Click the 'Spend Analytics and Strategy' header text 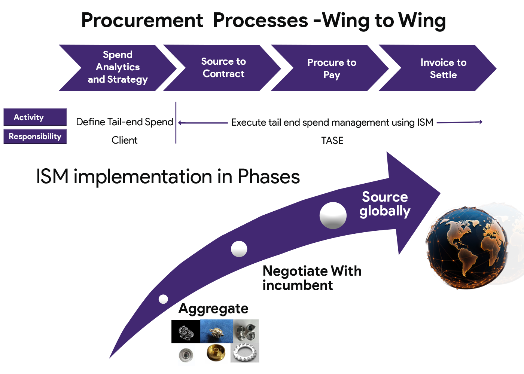[x=118, y=67]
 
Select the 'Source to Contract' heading [x=223, y=68]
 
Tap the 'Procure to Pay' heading [x=332, y=68]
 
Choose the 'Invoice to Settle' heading [x=443, y=68]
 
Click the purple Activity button [x=35, y=117]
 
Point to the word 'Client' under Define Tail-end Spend [x=125, y=140]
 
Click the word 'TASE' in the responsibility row [x=332, y=140]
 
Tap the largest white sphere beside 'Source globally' [x=333, y=215]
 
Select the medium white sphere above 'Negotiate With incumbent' [x=239, y=249]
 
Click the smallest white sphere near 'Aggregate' [x=163, y=299]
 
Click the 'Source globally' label [x=385, y=204]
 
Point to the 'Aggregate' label [x=213, y=309]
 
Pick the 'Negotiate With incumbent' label [x=311, y=278]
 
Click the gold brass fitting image [x=216, y=352]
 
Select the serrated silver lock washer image [x=245, y=353]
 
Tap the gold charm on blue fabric [x=216, y=331]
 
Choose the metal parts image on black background [x=186, y=331]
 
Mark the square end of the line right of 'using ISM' [x=478, y=122]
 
